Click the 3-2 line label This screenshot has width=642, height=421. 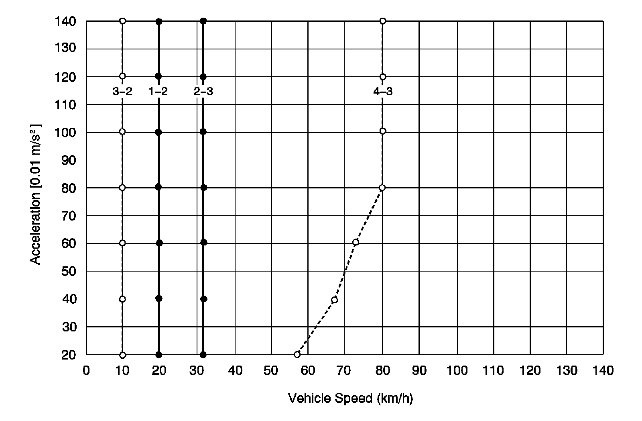tap(122, 92)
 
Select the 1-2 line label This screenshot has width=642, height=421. tap(158, 92)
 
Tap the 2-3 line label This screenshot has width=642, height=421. tap(203, 92)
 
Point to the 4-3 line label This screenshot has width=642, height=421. tap(383, 92)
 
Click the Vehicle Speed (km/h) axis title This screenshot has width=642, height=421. tap(350, 399)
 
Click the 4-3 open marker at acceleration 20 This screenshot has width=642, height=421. tap(297, 354)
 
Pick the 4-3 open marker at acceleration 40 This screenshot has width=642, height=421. tap(334, 300)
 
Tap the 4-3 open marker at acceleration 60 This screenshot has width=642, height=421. tap(356, 242)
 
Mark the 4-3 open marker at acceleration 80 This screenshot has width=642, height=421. tap(382, 188)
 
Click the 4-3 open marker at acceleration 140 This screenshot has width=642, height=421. tap(383, 21)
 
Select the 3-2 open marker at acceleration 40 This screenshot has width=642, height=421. tap(122, 299)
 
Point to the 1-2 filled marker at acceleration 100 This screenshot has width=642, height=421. tap(158, 132)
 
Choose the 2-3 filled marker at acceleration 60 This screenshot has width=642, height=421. tap(203, 242)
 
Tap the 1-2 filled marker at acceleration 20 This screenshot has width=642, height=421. tap(158, 355)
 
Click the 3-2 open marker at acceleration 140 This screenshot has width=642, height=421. tap(122, 21)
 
